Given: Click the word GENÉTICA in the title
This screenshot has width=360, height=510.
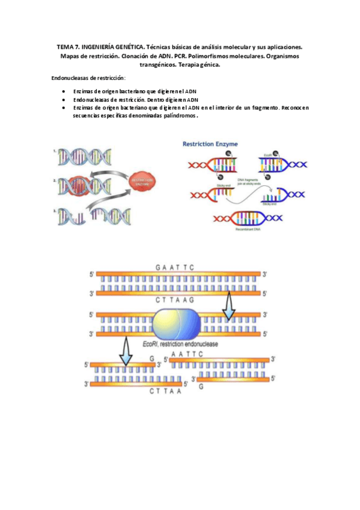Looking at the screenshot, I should click(x=127, y=46).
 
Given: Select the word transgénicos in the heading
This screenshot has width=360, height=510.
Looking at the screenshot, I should click(x=153, y=65).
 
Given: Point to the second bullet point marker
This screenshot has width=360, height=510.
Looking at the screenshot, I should click(x=64, y=99).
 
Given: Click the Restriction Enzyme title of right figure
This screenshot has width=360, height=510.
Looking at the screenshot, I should click(x=210, y=144).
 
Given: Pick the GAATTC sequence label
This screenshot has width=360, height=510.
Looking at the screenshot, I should click(x=176, y=268).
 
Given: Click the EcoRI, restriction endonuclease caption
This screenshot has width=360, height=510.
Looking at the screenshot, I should click(x=180, y=344).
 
